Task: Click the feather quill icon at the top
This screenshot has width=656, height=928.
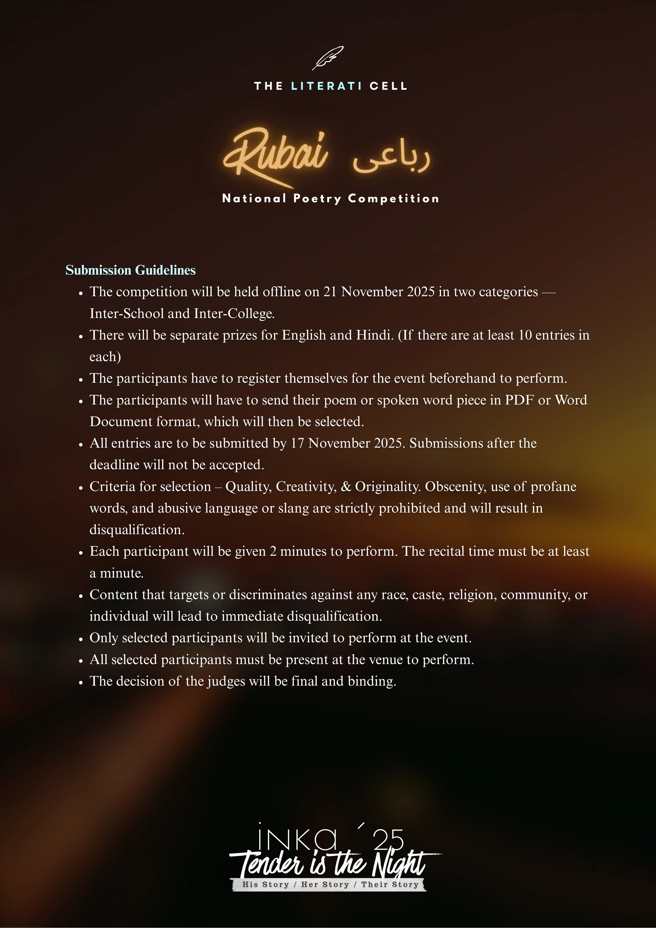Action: (328, 58)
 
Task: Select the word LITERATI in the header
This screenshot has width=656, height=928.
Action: (326, 86)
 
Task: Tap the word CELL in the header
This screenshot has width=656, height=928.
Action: (388, 86)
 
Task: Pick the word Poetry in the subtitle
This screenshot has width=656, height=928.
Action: (317, 199)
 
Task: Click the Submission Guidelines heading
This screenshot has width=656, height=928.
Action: (131, 270)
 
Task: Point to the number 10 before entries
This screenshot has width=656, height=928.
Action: (525, 335)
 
